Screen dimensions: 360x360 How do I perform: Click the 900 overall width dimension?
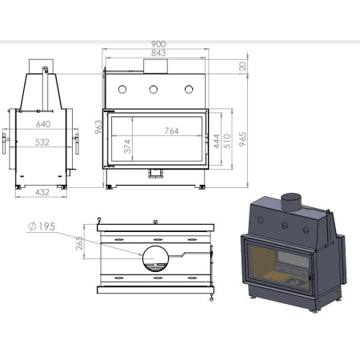tap(157, 45)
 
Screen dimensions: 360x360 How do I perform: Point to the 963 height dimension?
tap(98, 128)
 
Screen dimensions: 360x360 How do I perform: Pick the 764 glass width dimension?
tap(170, 130)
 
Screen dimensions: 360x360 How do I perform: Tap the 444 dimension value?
tap(215, 142)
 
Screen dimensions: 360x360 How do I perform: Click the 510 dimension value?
tap(227, 142)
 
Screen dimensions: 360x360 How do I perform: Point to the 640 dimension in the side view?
tap(43, 124)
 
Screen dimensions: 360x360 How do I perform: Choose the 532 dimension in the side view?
tap(43, 145)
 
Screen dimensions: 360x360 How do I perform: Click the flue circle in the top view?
tap(155, 257)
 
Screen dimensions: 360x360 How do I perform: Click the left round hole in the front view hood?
tap(123, 88)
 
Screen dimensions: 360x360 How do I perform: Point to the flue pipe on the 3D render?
tap(292, 201)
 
